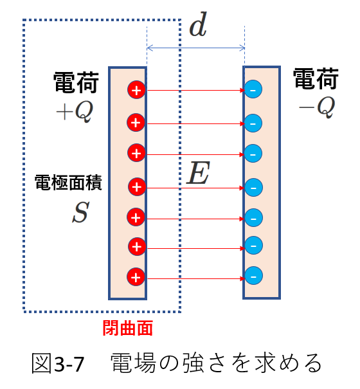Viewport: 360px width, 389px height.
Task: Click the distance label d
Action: point(198,24)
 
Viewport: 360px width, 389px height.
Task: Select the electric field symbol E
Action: point(198,173)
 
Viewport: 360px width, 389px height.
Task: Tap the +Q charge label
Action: point(75,112)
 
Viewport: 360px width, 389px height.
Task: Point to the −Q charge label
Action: point(317,107)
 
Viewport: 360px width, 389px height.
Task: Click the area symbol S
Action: point(80,212)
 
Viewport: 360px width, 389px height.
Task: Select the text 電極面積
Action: point(68,183)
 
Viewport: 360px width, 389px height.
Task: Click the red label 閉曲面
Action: point(127,328)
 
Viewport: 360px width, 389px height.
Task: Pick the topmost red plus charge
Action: point(136,90)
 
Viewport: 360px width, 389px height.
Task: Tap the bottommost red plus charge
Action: point(136,277)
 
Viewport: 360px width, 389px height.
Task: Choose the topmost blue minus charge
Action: point(253,89)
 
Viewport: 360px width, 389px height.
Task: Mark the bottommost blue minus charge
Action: point(253,276)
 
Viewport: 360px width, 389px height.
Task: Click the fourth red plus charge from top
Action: point(137,186)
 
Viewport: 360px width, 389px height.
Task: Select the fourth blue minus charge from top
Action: point(253,187)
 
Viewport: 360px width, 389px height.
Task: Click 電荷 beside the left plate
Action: point(76,82)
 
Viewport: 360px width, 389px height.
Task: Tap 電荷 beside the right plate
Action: point(316,79)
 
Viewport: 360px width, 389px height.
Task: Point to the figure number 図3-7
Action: point(58,364)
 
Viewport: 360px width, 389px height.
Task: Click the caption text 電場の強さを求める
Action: point(216,363)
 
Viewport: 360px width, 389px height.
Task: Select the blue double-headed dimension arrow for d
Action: point(196,48)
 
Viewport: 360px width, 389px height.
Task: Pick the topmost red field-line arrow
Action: point(196,90)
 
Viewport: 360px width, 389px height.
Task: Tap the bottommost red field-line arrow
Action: point(196,279)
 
